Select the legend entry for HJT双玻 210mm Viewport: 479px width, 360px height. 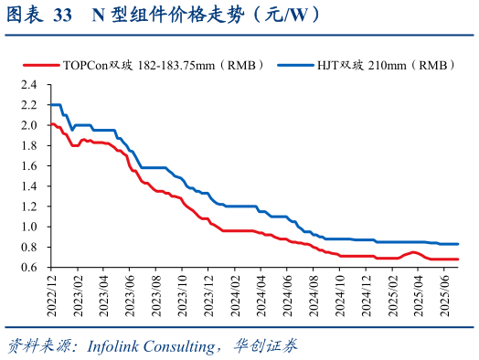click(x=382, y=65)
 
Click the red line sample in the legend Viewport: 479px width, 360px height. click(x=40, y=65)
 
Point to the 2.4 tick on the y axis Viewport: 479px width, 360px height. click(x=28, y=84)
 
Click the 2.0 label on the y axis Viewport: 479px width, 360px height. click(x=28, y=125)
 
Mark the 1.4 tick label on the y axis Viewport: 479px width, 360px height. click(x=28, y=185)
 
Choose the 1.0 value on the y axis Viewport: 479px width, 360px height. click(x=28, y=227)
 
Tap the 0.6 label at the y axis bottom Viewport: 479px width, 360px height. click(x=28, y=267)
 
